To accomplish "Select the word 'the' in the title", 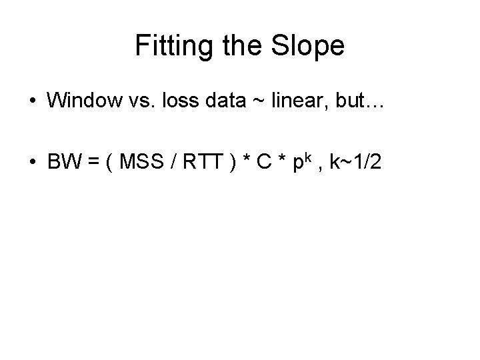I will (x=243, y=47).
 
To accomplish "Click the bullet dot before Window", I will (x=31, y=101).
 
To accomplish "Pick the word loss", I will (x=179, y=101).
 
